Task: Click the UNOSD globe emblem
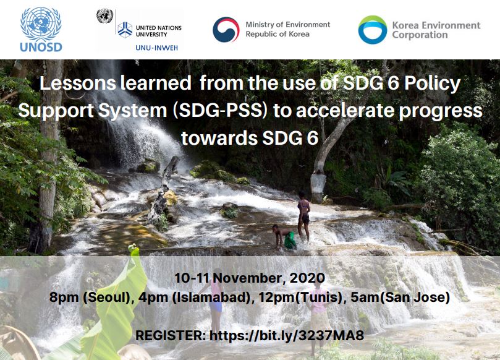coord(41,24)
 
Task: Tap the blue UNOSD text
coord(41,47)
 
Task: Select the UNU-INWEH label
coord(156,48)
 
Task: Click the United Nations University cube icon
coord(125,30)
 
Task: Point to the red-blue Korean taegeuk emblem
coord(226,30)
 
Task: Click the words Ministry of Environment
coord(287,25)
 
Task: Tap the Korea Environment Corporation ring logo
coord(373,30)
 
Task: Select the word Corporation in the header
coord(420,35)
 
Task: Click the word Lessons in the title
coord(78,83)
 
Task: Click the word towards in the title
coord(219,138)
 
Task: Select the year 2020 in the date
coord(307,278)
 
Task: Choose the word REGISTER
coord(171,336)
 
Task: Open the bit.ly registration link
coord(287,336)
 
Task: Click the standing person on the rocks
coord(303,216)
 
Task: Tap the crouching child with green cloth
coord(284,237)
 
